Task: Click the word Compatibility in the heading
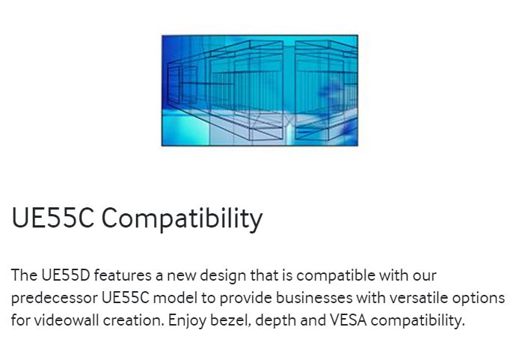pos(182,219)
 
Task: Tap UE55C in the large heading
pos(53,218)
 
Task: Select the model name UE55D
pos(66,275)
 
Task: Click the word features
pos(123,275)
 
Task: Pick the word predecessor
pos(55,299)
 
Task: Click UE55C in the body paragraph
pos(126,298)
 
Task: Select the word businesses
pos(314,298)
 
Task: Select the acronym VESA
pos(348,320)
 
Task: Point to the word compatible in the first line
pos(336,276)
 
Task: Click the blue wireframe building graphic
pos(259,90)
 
